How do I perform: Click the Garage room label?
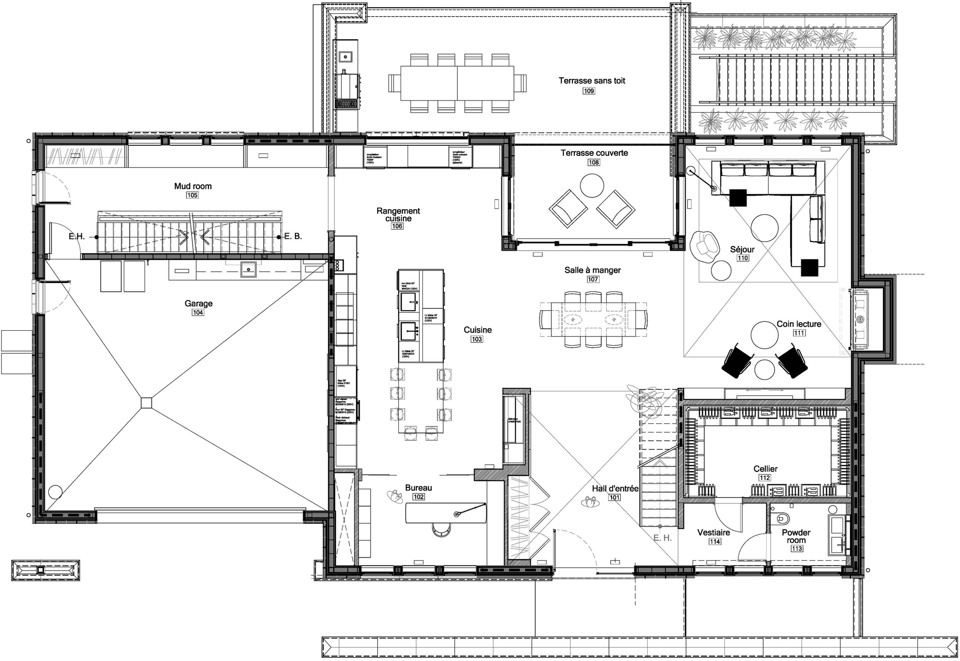coord(199,304)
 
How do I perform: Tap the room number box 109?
coord(589,91)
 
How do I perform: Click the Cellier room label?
coord(765,469)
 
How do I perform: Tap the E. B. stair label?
coord(293,236)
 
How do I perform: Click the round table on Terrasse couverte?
coord(592,185)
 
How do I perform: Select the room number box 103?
coord(477,339)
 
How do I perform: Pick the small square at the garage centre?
coord(146,403)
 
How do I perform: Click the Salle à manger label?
coord(593,270)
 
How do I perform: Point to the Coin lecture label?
coord(799,324)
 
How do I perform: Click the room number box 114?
coord(715,542)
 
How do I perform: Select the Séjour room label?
coord(742,250)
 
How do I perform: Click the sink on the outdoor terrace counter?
coord(345,56)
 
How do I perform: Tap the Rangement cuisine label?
coord(398,215)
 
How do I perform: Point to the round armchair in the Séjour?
coord(704,246)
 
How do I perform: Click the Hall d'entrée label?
coord(615,489)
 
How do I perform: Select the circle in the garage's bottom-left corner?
coord(55,492)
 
